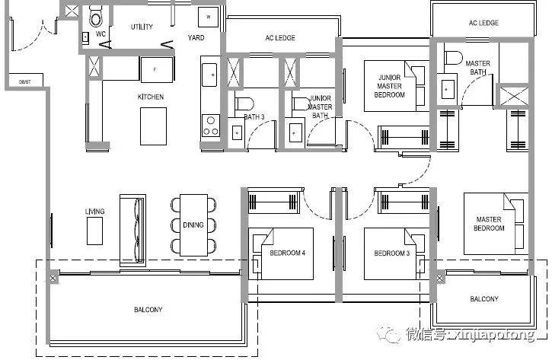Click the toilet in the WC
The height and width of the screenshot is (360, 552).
point(96,17)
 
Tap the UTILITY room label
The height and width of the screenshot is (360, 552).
point(142,27)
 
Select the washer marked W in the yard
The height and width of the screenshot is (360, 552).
point(208,17)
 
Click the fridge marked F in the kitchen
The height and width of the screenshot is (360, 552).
point(157,70)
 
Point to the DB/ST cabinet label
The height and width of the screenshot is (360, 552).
point(24,81)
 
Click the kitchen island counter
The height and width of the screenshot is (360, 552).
point(153,126)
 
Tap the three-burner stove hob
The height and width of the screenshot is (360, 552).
point(210,126)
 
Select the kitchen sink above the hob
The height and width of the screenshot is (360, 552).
point(209,75)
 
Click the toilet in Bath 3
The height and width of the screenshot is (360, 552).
point(244,104)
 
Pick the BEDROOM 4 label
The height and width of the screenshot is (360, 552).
point(287,253)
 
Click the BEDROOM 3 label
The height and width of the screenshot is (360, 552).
point(391,253)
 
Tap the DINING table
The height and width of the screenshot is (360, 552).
point(193,225)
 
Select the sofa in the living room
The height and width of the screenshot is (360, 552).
point(132,230)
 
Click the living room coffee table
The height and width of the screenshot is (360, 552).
point(94,231)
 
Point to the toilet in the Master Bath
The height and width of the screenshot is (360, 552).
point(453,58)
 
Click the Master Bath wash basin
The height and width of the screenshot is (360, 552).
point(446,89)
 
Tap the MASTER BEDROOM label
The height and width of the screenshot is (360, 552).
point(489,224)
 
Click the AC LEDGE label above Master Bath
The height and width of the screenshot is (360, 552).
point(483,24)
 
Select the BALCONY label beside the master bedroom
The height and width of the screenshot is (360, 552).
point(484,299)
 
